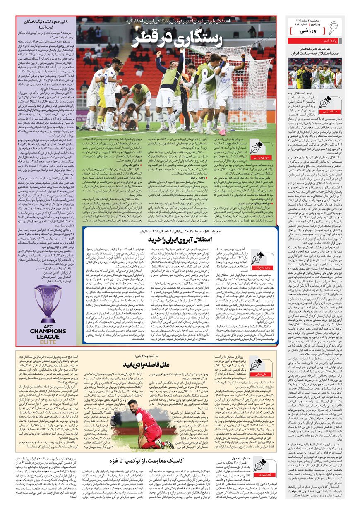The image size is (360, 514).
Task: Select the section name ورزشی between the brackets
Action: coord(305,31)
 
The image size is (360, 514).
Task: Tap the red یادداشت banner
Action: coord(315,41)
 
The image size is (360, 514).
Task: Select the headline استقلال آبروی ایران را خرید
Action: coord(180,239)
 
